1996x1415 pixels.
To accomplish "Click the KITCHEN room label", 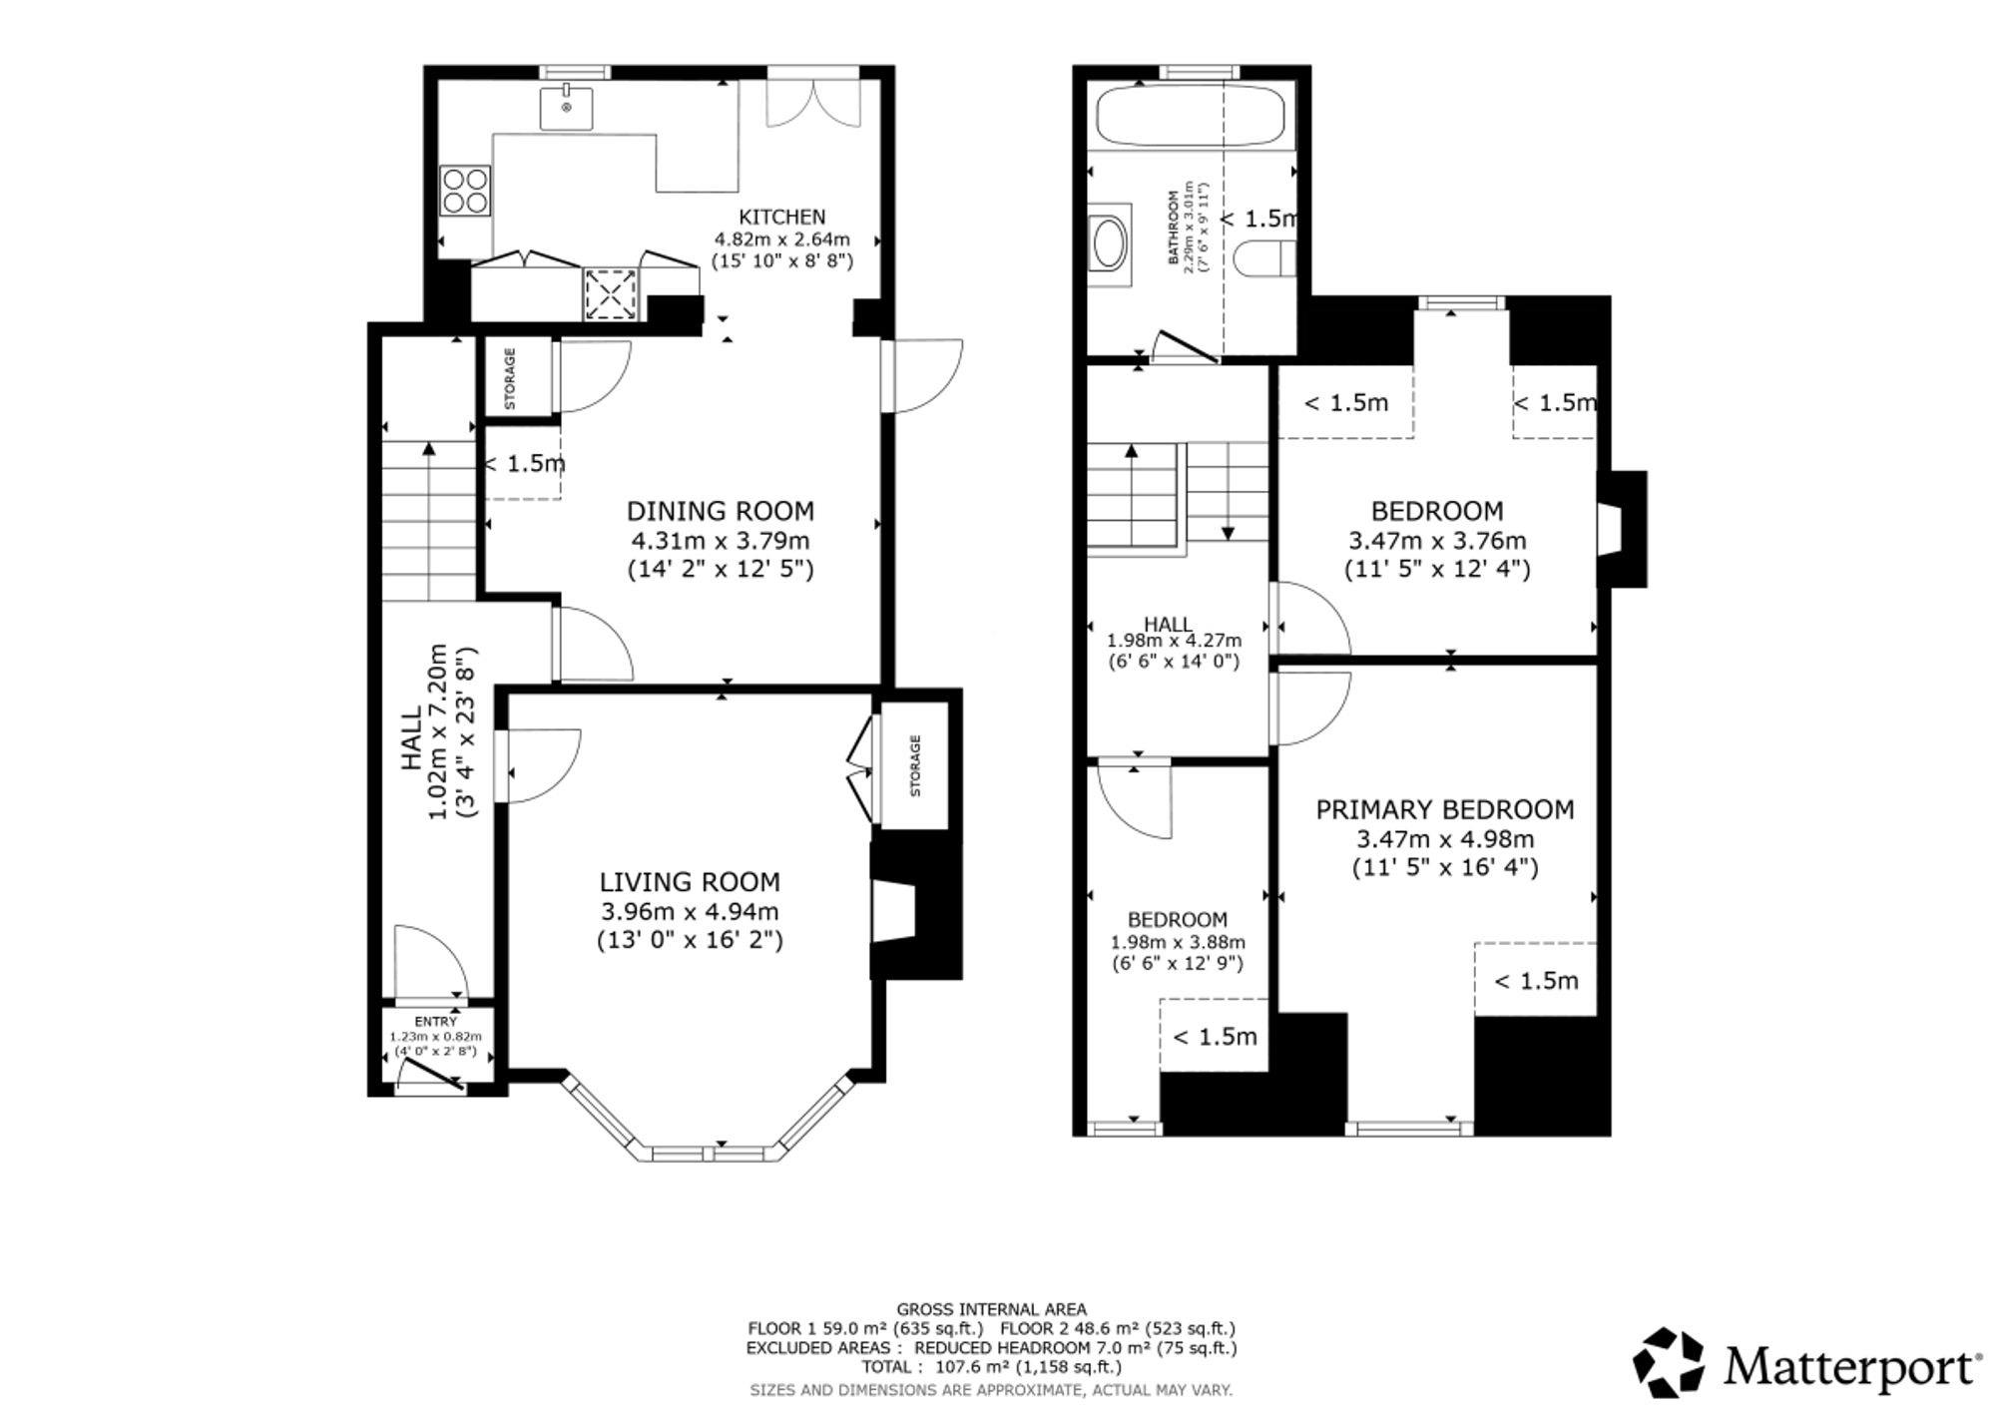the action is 782,217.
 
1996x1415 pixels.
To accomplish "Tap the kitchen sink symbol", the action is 567,108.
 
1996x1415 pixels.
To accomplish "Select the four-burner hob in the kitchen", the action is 466,190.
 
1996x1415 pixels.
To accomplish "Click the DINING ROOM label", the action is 720,511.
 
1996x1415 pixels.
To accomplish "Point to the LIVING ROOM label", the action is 690,882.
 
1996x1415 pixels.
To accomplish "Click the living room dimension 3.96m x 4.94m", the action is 690,912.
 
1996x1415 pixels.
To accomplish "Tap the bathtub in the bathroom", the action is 1190,117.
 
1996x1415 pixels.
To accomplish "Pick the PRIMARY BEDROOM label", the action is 1444,809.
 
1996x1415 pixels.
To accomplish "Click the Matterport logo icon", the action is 1668,1362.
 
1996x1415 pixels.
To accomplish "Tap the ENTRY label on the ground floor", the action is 435,1022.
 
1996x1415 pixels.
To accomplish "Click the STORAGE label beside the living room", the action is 915,765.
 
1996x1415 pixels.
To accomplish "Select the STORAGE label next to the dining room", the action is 510,378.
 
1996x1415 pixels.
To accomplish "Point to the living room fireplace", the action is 895,910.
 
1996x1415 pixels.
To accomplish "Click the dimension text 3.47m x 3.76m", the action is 1437,541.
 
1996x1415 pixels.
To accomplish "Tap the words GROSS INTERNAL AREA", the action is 991,1309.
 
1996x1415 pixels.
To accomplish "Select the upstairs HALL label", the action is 1167,625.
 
